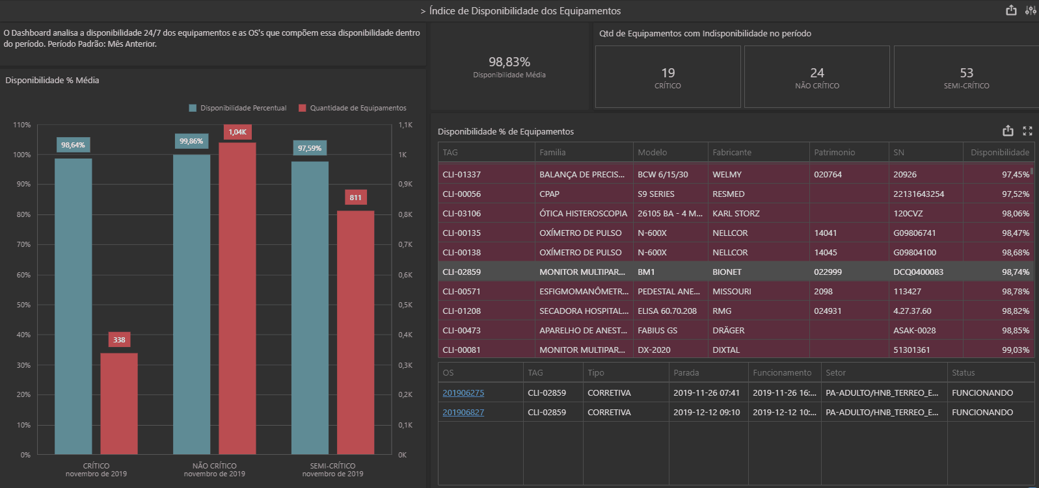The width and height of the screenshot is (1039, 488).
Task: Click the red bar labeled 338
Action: [x=118, y=403]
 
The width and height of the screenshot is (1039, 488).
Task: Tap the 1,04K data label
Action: [x=237, y=132]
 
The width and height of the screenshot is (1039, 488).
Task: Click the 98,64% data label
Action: [x=73, y=145]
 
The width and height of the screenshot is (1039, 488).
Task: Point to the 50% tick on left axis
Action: [x=23, y=305]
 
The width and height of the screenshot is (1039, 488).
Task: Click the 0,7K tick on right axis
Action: [x=405, y=244]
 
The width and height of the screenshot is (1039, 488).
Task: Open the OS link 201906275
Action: [x=463, y=392]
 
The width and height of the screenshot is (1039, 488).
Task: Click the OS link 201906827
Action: [x=463, y=412]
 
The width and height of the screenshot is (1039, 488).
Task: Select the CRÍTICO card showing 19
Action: [x=668, y=77]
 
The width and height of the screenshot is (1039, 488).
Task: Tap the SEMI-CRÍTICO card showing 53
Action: [x=966, y=77]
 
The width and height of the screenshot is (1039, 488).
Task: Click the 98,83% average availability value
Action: [x=509, y=62]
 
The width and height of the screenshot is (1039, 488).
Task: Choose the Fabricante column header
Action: [x=732, y=152]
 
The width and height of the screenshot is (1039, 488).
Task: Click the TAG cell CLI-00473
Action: [x=461, y=330]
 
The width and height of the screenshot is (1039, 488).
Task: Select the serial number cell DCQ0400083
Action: [x=918, y=272]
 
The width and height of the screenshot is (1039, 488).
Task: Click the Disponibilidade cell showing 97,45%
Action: [x=1015, y=174]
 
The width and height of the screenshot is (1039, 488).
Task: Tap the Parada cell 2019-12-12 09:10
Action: [x=707, y=412]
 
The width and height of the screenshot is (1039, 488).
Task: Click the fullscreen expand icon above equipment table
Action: [x=1027, y=131]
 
